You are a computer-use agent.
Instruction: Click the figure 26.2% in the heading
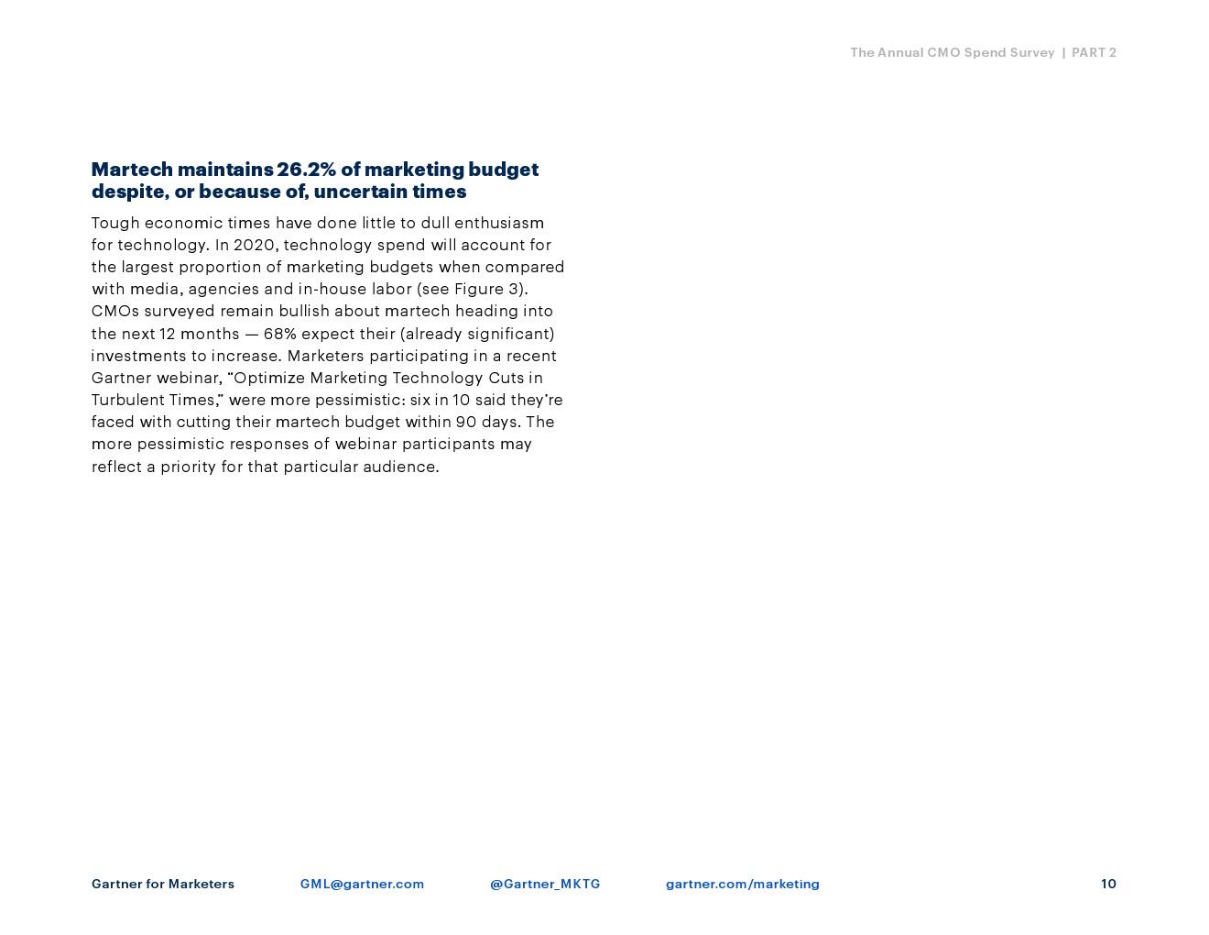[x=306, y=169]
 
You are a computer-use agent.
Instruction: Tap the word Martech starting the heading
[x=132, y=169]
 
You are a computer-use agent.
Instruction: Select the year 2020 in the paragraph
[x=254, y=245]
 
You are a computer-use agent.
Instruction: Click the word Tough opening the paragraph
[x=114, y=223]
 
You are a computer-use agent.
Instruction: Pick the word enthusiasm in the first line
[x=499, y=223]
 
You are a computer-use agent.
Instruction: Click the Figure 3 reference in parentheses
[x=488, y=289]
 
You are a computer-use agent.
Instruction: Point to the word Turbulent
[x=127, y=400]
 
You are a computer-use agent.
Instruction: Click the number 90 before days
[x=465, y=422]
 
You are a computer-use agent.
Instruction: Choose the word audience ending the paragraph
[x=400, y=467]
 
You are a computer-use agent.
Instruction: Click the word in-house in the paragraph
[x=332, y=289]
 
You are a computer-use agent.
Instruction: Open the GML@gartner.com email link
[x=362, y=884]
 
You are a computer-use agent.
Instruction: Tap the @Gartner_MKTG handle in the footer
[x=545, y=884]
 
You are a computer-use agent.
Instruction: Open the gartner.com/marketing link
[x=742, y=884]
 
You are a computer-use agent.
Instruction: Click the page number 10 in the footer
[x=1108, y=884]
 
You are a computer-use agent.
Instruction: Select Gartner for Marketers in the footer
[x=163, y=884]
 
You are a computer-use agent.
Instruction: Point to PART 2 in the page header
[x=1094, y=52]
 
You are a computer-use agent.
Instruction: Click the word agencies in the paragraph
[x=223, y=289]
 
